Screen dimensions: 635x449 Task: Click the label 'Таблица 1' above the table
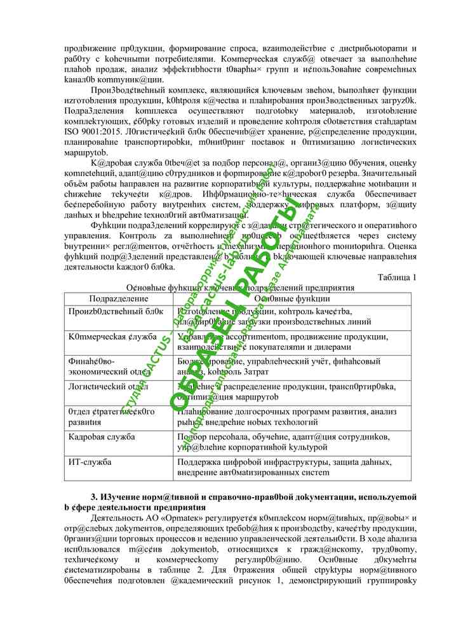pyautogui.click(x=397, y=277)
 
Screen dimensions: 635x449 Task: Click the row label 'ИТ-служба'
pyautogui.click(x=90, y=462)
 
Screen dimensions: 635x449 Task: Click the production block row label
pyautogui.click(x=116, y=311)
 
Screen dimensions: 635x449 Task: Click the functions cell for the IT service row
pyautogui.click(x=289, y=467)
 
